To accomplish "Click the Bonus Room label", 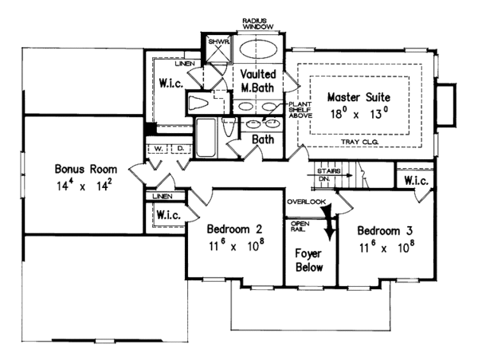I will pyautogui.click(x=86, y=169).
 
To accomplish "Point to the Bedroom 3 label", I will pyautogui.click(x=386, y=231).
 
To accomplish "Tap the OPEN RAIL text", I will pyautogui.click(x=300, y=227).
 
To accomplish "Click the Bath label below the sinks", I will pyautogui.click(x=263, y=140).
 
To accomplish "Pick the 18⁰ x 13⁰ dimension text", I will pyautogui.click(x=360, y=114).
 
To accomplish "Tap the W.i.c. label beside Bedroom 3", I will pyautogui.click(x=415, y=181).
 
